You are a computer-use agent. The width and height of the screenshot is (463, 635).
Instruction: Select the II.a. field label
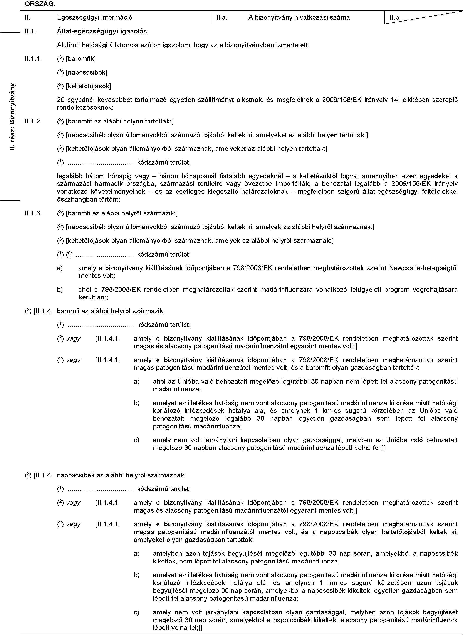(222, 18)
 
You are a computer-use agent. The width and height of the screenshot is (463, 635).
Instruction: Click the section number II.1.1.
(33, 59)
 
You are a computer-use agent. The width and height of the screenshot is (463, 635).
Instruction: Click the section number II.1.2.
(33, 122)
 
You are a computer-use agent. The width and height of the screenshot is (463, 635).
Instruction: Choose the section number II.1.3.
(33, 213)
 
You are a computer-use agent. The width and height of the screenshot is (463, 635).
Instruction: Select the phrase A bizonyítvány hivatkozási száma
(299, 18)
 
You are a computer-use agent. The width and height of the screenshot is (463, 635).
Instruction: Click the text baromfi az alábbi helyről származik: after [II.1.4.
(111, 311)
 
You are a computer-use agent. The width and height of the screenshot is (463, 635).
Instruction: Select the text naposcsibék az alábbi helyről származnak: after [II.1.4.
(121, 475)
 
